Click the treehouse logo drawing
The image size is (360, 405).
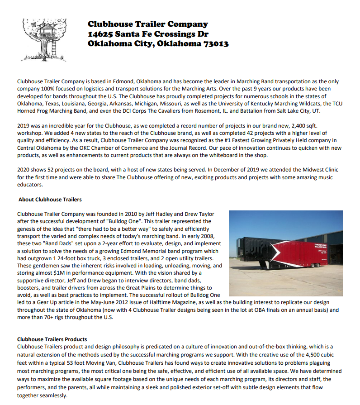[x=44, y=35]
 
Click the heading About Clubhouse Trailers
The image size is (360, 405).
[x=50, y=200]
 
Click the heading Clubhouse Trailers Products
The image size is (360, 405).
[x=52, y=339]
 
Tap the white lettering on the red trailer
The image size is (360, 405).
[x=322, y=247]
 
